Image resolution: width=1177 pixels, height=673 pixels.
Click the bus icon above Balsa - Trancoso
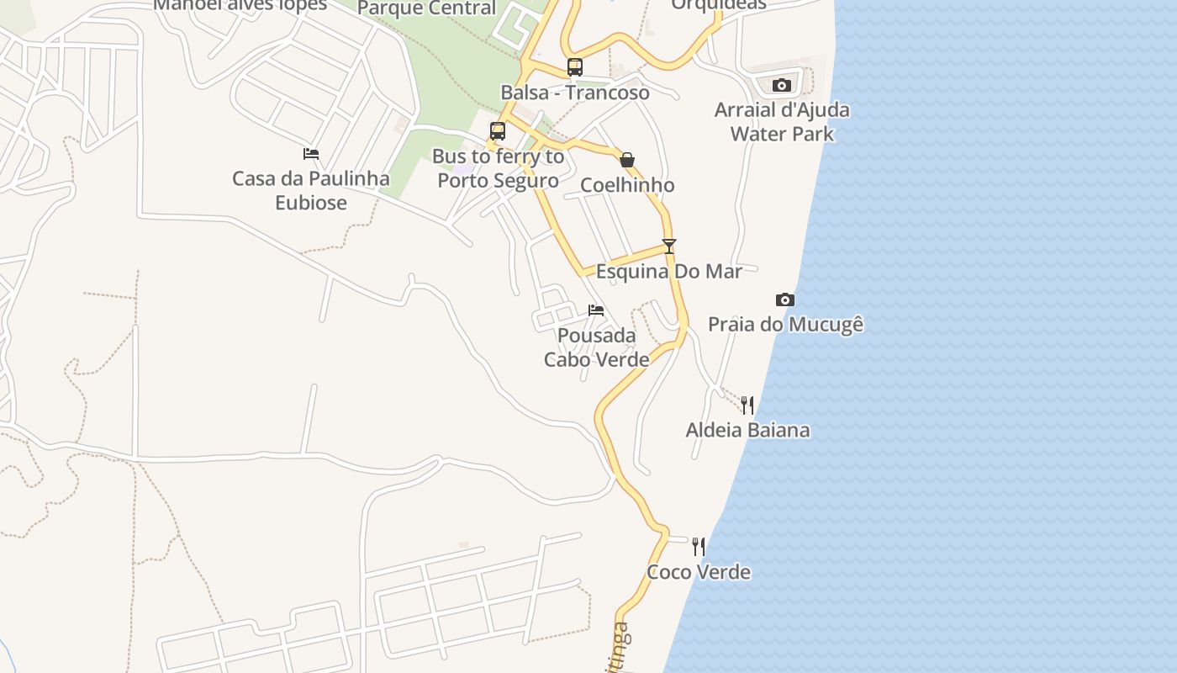pos(575,67)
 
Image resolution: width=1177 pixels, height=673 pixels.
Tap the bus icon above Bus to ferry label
pos(498,131)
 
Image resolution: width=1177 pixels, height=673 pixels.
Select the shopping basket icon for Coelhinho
pos(627,160)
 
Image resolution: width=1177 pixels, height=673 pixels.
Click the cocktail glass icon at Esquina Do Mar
pos(669,246)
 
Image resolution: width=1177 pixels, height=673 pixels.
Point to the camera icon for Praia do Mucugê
pos(784,299)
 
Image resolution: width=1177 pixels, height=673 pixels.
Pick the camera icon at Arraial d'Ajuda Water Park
pos(782,85)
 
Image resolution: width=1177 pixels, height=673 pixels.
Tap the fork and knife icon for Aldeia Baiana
pos(747,405)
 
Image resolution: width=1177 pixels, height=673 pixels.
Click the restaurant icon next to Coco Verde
pos(699,547)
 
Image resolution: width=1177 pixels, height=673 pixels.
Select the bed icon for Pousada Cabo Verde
pos(596,310)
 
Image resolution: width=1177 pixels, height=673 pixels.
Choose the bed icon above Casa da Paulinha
pos(311,154)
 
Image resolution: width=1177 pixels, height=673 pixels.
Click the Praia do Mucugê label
pos(786,325)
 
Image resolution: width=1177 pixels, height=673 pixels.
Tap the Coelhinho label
pos(627,185)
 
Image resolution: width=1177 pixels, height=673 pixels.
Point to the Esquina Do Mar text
pos(669,272)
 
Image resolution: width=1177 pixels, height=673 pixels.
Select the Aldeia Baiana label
pos(747,431)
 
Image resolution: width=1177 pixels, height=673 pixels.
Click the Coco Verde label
pos(699,572)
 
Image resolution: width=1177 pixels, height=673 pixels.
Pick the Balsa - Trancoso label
pos(575,93)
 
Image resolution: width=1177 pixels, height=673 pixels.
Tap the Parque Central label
pos(426,8)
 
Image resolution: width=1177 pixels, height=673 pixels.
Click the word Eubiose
pos(311,203)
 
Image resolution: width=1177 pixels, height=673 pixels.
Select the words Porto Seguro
pos(498,181)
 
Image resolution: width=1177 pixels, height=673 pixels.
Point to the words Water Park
pos(782,134)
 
